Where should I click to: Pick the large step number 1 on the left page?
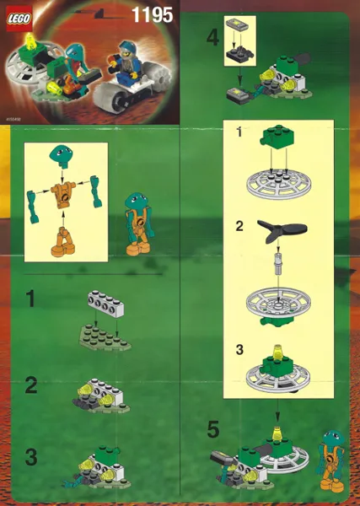click(30, 299)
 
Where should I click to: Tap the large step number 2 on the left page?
click(30, 385)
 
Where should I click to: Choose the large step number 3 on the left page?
click(30, 458)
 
